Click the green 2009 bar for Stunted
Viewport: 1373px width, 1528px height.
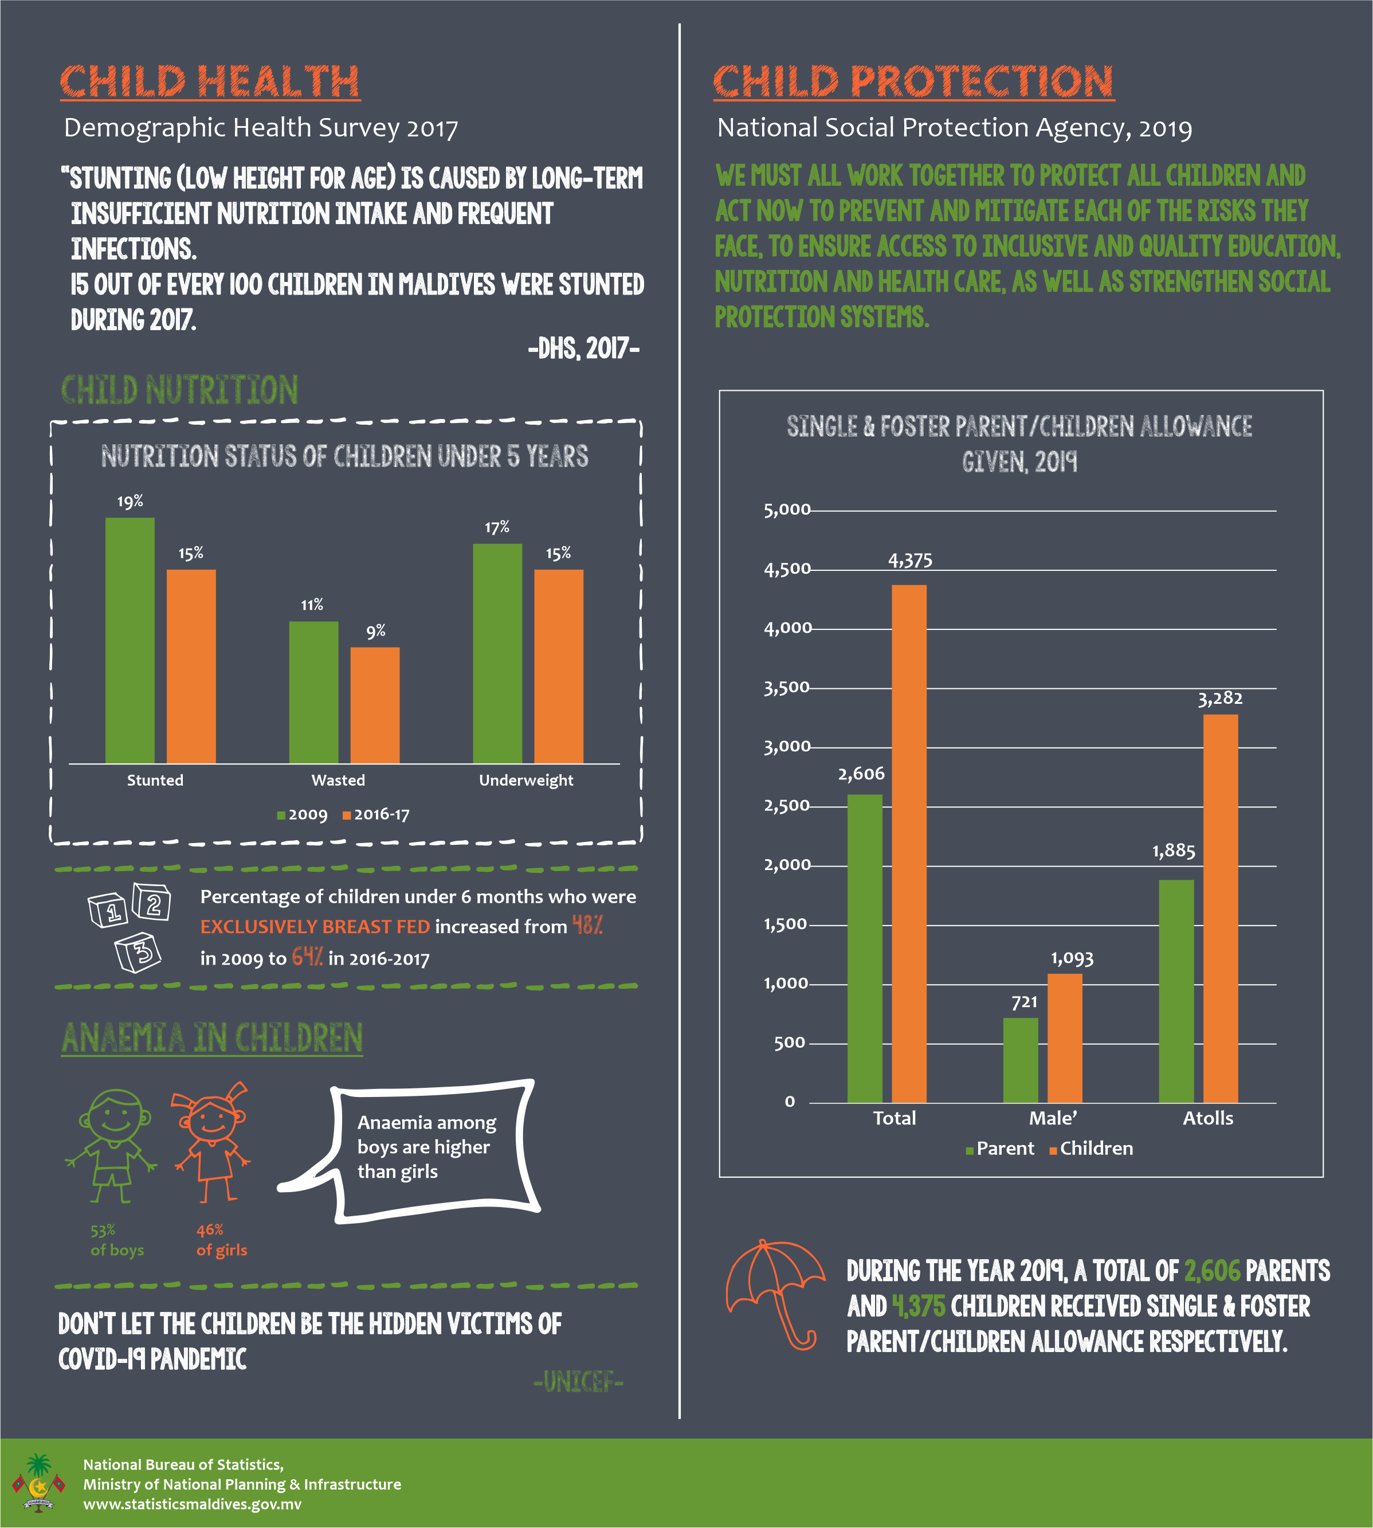(x=130, y=641)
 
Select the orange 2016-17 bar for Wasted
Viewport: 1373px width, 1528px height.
(x=375, y=706)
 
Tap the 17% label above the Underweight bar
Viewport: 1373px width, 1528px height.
(x=497, y=527)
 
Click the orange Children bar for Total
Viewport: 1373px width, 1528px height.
(x=909, y=844)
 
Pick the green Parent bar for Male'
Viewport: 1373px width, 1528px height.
(x=1021, y=1060)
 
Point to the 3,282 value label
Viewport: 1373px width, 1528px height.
(x=1220, y=699)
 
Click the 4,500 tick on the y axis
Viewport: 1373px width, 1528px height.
(x=787, y=569)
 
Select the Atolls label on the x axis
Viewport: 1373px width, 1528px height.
(x=1208, y=1118)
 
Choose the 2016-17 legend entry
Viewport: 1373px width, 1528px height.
(x=376, y=814)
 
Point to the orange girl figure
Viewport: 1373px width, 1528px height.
(x=212, y=1142)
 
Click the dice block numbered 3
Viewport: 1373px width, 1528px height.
(x=138, y=953)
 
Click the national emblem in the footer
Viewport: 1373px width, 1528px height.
(x=38, y=1483)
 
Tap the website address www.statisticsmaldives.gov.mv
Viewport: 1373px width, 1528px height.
(x=193, y=1504)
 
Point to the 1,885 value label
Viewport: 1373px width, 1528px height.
(x=1173, y=851)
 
